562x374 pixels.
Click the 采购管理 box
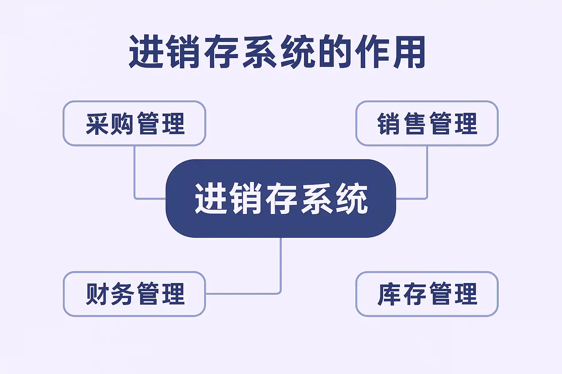[x=134, y=123]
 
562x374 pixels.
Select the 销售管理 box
[x=427, y=123]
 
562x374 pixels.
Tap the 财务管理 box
[x=134, y=294]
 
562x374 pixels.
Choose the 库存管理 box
[x=427, y=294]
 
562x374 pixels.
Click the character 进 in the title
[x=146, y=52]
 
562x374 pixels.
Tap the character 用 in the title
[x=409, y=52]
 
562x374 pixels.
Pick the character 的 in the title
[x=334, y=52]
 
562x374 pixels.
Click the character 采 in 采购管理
[x=97, y=124]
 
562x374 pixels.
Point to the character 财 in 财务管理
[x=97, y=294]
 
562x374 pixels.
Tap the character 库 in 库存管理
[x=389, y=294]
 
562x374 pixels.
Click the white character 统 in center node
[x=352, y=199]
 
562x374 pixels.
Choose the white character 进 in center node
[x=210, y=199]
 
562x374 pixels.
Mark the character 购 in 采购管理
[x=122, y=124]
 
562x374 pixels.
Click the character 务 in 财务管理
[x=122, y=294]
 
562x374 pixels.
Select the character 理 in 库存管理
[x=466, y=294]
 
